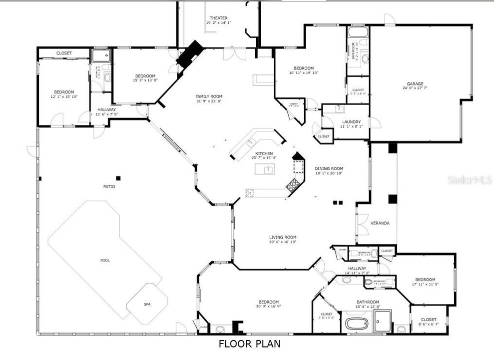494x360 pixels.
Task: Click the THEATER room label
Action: tap(219, 18)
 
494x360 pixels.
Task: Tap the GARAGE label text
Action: tap(415, 83)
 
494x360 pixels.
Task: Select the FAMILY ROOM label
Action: tap(209, 96)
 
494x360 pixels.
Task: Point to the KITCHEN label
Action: tap(264, 153)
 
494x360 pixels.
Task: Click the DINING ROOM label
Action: tap(329, 168)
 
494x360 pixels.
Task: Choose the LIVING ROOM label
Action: tap(283, 237)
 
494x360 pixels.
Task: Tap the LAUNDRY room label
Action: tap(351, 122)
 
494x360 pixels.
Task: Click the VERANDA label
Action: tap(380, 223)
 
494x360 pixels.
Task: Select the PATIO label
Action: tap(109, 186)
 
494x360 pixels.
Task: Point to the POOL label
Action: tap(105, 260)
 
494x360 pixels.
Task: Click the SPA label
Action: tap(147, 304)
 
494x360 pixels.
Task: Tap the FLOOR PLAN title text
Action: tap(249, 344)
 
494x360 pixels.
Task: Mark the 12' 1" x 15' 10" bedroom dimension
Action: tap(64, 97)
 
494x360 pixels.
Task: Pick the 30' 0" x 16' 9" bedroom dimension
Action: tap(268, 306)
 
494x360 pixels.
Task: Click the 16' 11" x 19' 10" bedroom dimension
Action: tap(303, 73)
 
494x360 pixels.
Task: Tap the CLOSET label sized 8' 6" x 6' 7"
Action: tap(428, 324)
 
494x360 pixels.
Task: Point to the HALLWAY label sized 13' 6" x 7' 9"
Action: tap(106, 114)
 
